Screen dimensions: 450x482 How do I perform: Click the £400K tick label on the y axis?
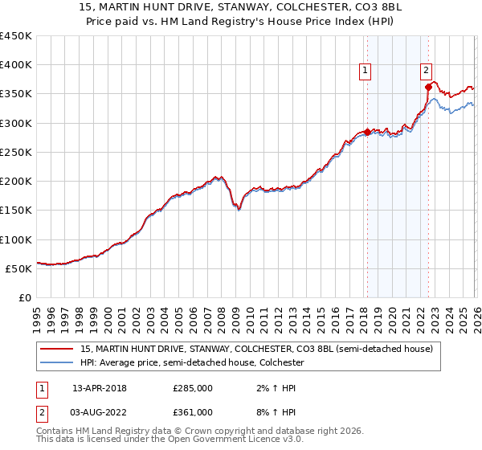point(16,65)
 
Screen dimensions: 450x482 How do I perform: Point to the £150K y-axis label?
point(16,211)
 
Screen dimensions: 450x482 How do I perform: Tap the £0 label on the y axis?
point(24,298)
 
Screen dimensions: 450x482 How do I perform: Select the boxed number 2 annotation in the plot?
point(426,69)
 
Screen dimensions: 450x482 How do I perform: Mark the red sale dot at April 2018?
point(367,132)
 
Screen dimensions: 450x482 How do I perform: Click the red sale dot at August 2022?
point(428,88)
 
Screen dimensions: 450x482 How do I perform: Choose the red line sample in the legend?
point(56,350)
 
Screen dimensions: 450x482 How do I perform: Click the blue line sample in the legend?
point(56,363)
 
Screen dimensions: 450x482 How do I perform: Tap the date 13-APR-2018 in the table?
point(100,387)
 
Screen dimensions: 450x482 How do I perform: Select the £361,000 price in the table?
point(193,411)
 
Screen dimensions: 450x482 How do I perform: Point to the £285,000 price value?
point(193,387)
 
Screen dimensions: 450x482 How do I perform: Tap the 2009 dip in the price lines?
point(239,211)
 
